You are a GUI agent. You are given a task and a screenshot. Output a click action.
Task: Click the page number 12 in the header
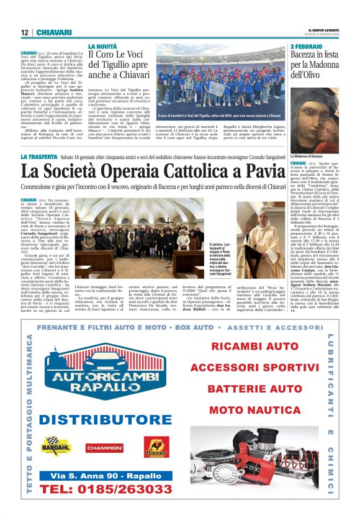click(x=24, y=32)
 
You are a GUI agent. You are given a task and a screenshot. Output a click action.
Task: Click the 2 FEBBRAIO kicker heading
click(x=307, y=47)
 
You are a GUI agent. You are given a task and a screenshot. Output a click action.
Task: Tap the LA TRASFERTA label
click(x=39, y=156)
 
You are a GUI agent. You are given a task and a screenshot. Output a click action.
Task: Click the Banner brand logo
click(x=156, y=447)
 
